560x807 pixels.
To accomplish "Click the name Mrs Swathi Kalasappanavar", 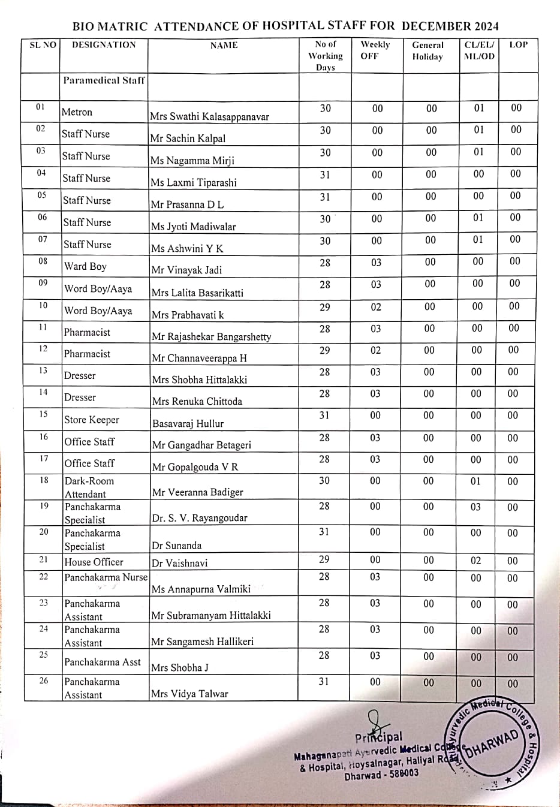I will point(209,116).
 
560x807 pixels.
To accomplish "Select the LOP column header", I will point(518,44).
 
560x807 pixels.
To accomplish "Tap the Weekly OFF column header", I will point(375,50).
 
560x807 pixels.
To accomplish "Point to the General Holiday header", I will point(427,50).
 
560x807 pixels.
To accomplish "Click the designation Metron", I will point(77,112).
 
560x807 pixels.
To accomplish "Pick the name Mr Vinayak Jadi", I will point(186,270).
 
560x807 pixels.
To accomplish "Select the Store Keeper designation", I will point(92,420).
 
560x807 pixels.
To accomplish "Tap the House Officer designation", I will point(94,562).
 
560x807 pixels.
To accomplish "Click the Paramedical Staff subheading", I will point(104,80).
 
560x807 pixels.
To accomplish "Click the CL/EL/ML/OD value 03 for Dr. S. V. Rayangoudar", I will point(475,507).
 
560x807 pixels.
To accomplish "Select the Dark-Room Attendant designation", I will point(89,487).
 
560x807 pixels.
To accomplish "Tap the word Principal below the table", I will point(379,737).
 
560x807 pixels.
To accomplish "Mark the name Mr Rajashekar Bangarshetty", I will point(211,336).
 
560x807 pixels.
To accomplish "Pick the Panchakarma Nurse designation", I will point(106,577).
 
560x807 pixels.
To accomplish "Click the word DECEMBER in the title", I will point(436,26).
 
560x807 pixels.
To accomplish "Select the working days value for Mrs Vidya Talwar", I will point(324,681).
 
